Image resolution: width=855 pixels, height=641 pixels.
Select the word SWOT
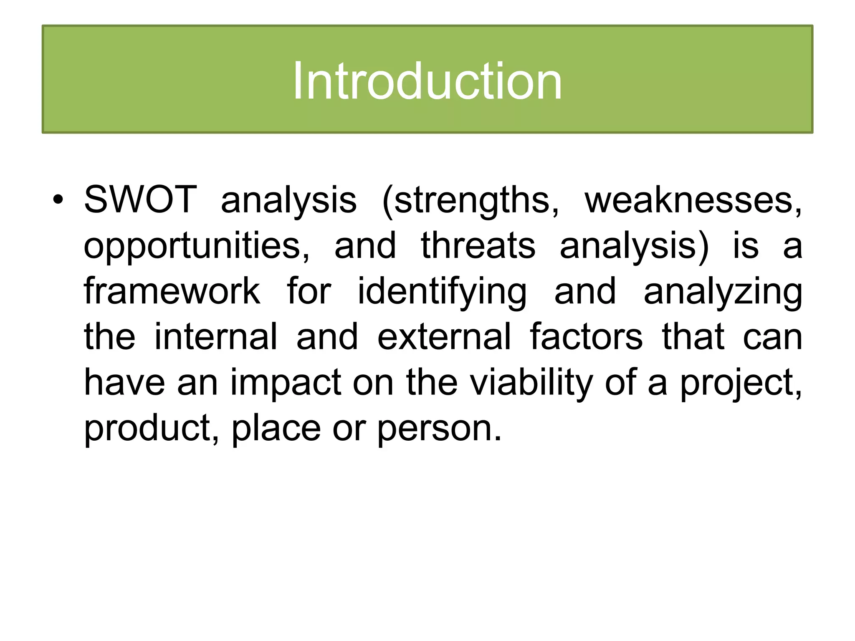pos(140,199)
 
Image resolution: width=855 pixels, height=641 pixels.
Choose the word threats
pos(478,245)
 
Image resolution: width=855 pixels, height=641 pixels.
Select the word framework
pos(172,291)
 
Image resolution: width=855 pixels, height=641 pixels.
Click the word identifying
pos(442,292)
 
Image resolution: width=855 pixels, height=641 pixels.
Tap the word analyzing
pos(723,292)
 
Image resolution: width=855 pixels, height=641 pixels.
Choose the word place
pos(276,428)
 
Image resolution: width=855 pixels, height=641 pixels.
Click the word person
pos(438,429)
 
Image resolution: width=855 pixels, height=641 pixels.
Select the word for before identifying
pos(309,291)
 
